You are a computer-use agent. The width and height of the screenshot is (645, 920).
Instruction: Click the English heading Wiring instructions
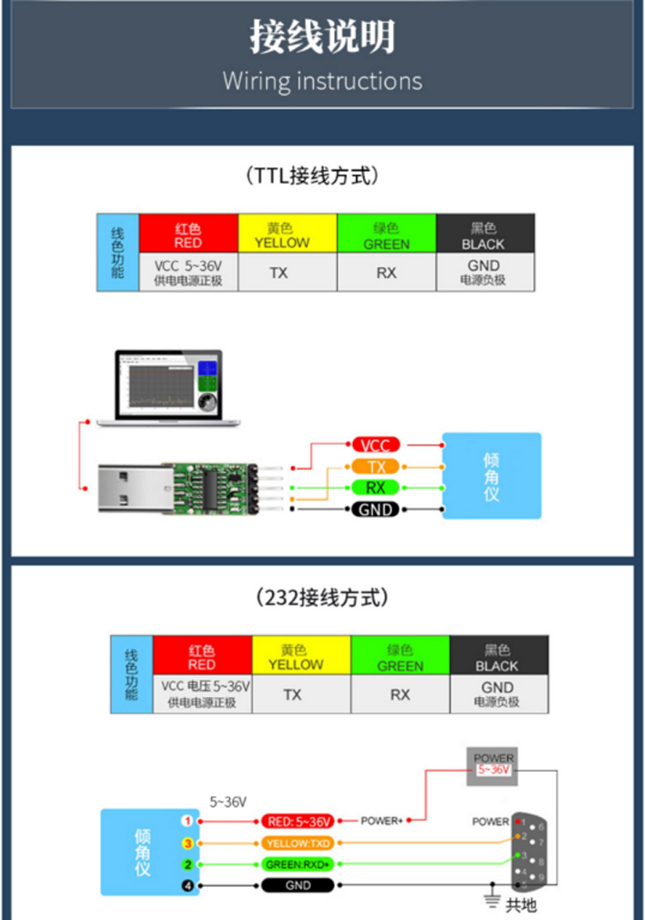(322, 81)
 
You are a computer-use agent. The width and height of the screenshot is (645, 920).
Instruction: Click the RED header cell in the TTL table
(189, 235)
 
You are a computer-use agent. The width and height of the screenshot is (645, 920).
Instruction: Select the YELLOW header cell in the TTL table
(287, 235)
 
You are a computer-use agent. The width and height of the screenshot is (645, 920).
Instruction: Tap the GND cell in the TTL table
(485, 272)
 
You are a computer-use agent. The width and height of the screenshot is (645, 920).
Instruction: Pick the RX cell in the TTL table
(386, 272)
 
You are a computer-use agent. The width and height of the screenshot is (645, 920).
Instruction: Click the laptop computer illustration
(169, 388)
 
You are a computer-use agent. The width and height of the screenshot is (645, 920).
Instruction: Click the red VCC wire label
(375, 446)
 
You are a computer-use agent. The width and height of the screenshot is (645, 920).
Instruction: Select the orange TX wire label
(375, 467)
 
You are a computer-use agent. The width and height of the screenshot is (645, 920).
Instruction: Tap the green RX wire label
(375, 488)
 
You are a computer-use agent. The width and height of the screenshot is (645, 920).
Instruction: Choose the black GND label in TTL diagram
(375, 509)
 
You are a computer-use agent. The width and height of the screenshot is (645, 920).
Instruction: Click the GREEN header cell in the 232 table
(400, 657)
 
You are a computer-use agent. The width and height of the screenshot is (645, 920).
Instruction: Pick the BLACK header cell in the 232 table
(498, 657)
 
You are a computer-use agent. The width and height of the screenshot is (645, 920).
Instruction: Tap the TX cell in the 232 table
(293, 694)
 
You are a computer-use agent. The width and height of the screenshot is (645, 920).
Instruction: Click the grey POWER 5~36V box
(494, 763)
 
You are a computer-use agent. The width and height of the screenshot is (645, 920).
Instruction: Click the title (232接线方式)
(322, 597)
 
